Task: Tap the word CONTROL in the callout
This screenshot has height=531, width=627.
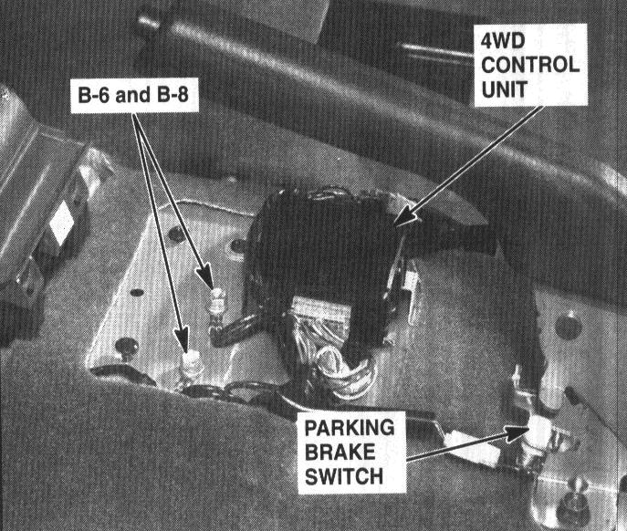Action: [530, 65]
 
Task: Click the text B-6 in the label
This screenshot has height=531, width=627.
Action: [93, 95]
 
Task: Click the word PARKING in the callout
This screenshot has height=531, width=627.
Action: [350, 428]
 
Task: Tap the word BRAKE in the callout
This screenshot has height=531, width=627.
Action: [340, 453]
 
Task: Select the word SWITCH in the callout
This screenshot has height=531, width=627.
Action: [344, 476]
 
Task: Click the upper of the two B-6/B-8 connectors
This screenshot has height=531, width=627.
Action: [216, 302]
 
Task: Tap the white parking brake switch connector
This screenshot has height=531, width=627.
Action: [540, 432]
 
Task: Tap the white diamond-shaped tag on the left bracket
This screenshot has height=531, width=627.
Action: [61, 223]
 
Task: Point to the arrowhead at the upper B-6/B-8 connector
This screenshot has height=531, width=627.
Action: [205, 276]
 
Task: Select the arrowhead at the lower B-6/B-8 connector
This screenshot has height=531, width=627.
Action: [182, 340]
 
